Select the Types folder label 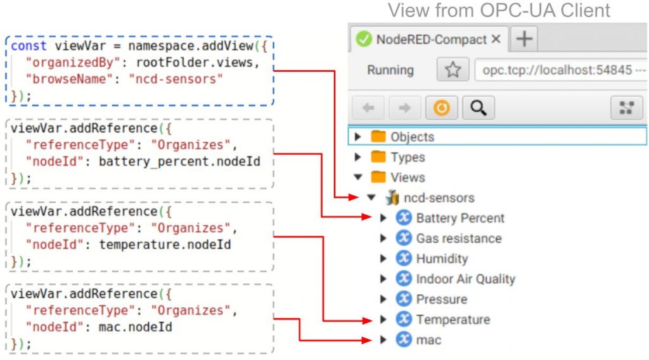click(408, 157)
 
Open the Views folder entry click(408, 177)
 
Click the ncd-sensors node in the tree click(439, 198)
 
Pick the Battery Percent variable click(460, 218)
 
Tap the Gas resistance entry click(459, 238)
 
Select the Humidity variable click(442, 259)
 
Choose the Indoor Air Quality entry click(466, 279)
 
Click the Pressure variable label click(442, 299)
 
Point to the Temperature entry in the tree click(453, 319)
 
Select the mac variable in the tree click(428, 340)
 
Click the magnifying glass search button click(478, 108)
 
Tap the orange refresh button click(442, 108)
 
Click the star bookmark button click(453, 70)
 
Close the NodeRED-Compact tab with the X click(496, 39)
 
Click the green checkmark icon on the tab click(364, 39)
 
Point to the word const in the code click(29, 46)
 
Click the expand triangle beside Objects click(357, 136)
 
